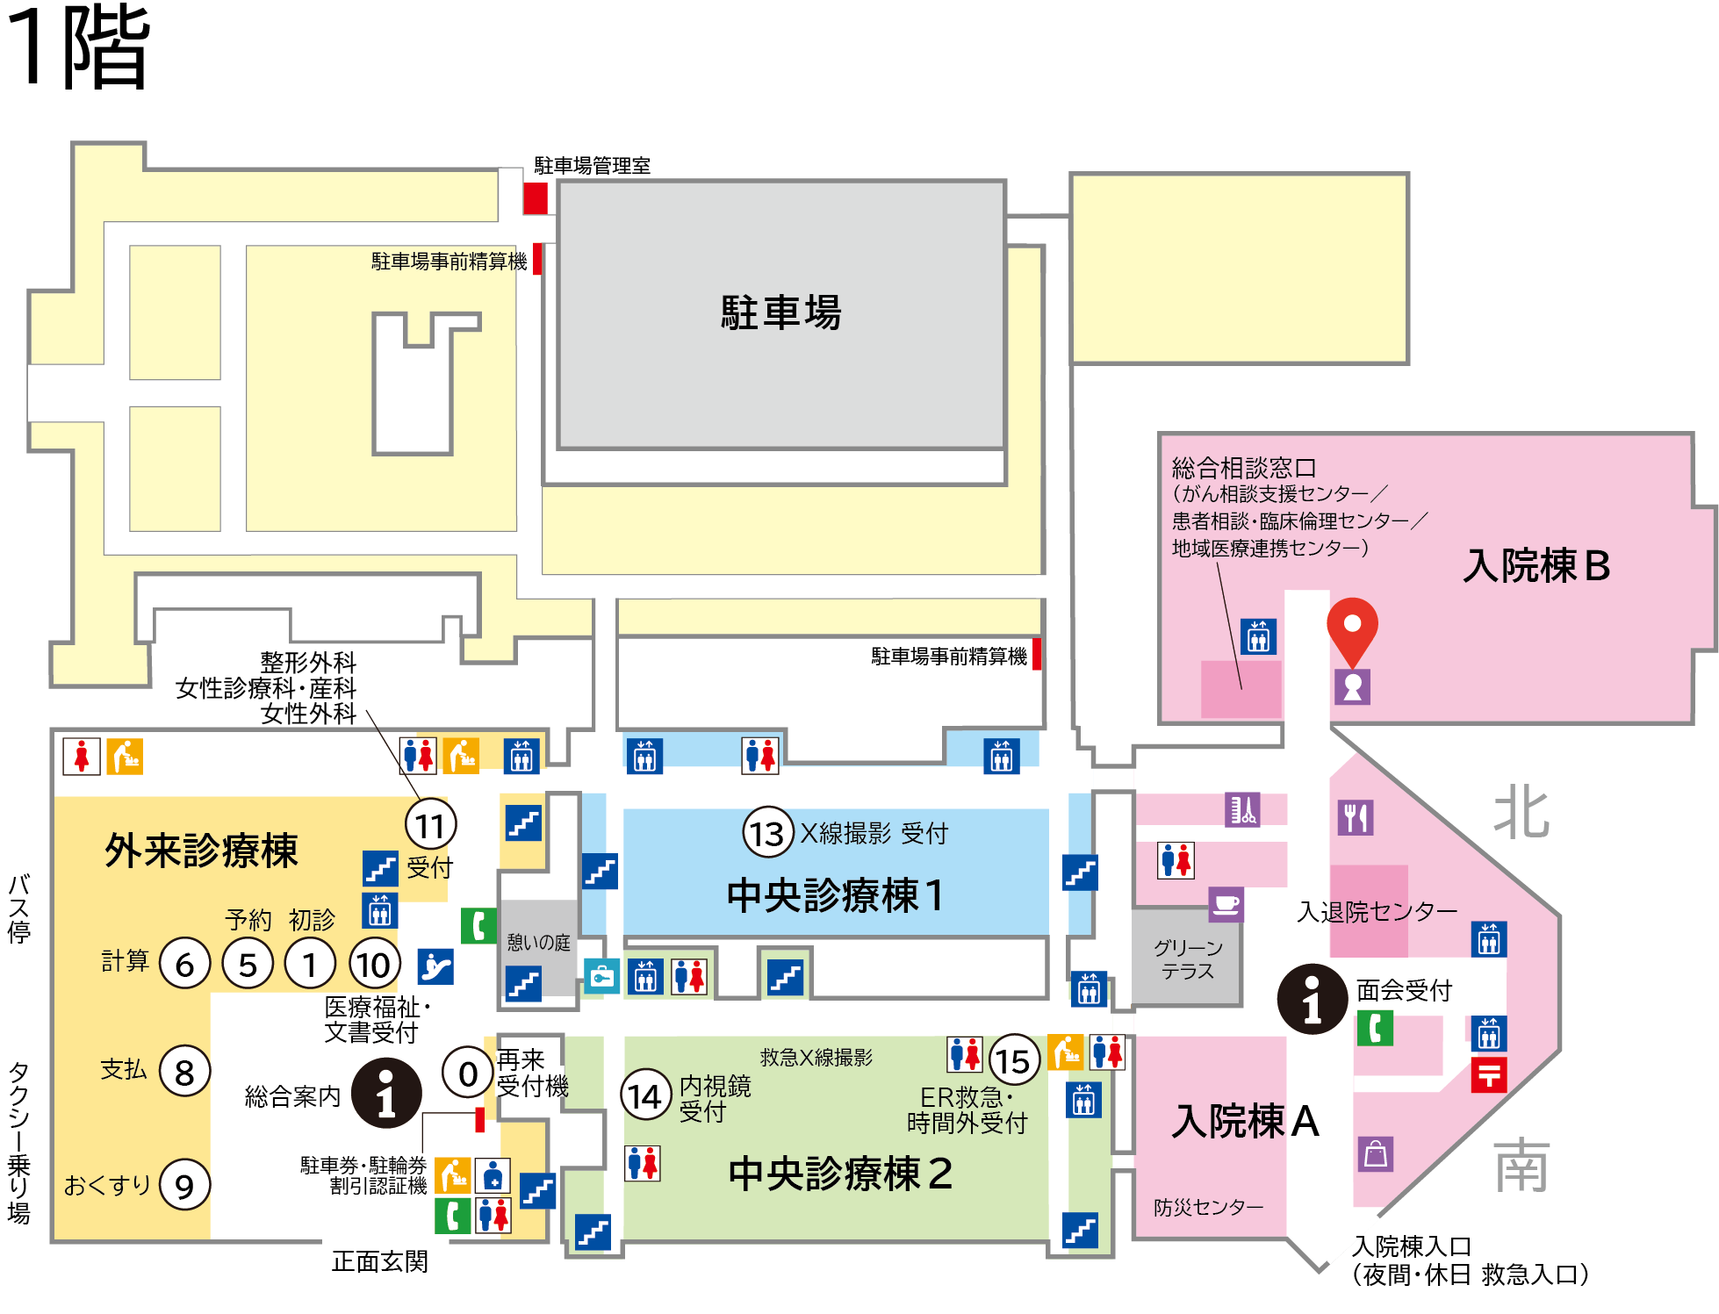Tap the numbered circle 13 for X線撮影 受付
[x=768, y=833]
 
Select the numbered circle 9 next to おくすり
[x=184, y=1185]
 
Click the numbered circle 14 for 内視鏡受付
[x=645, y=1095]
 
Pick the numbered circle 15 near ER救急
[x=1014, y=1060]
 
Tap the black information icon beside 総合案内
[x=386, y=1093]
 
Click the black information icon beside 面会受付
[x=1313, y=999]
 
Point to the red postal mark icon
[x=1489, y=1074]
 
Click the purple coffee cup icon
[x=1226, y=904]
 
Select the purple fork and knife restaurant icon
[x=1356, y=817]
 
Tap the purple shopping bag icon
[x=1376, y=1153]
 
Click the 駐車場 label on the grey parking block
[x=781, y=312]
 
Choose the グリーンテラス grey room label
[x=1188, y=959]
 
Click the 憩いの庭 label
[x=538, y=943]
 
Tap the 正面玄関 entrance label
[x=380, y=1261]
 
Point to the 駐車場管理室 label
[x=593, y=165]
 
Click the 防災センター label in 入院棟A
[x=1209, y=1207]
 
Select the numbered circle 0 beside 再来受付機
[x=468, y=1073]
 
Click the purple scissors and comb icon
[x=1242, y=808]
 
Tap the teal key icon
[x=602, y=976]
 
